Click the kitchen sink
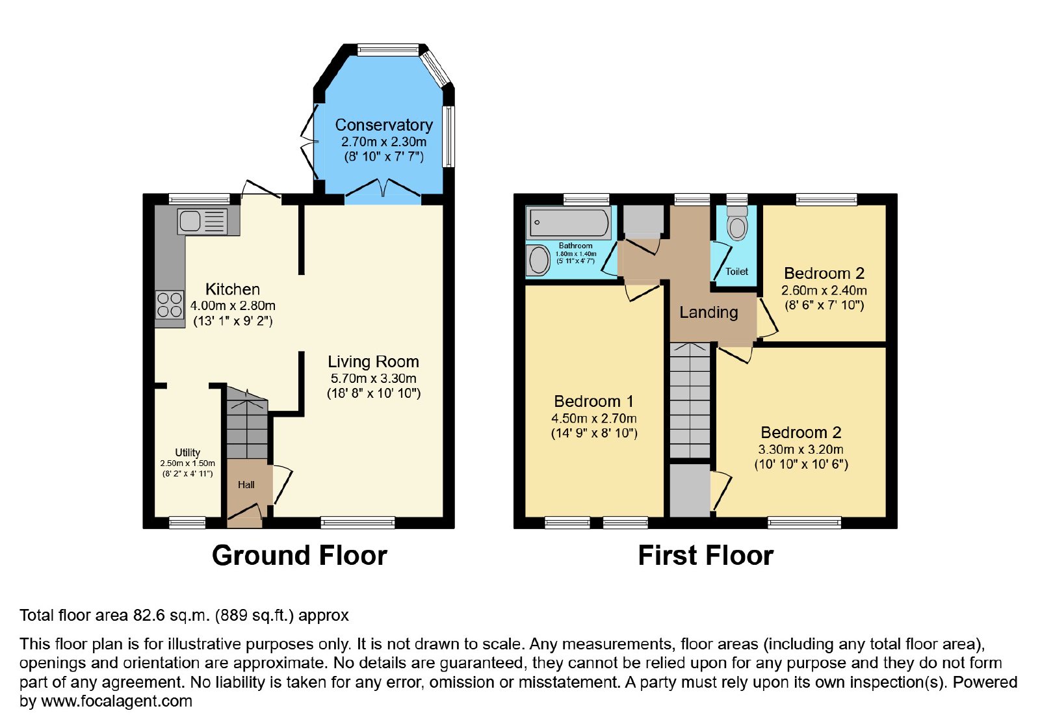202,221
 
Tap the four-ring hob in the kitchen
170,305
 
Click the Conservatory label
383,125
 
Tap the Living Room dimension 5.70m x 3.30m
373,378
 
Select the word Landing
708,313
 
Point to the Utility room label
188,452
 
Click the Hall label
246,485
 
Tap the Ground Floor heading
300,555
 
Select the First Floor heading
706,555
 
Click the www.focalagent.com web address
116,701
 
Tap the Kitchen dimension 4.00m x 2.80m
233,306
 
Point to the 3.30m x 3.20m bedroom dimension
801,449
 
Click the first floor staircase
690,400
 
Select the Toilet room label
737,271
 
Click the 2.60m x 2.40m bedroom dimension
824,291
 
